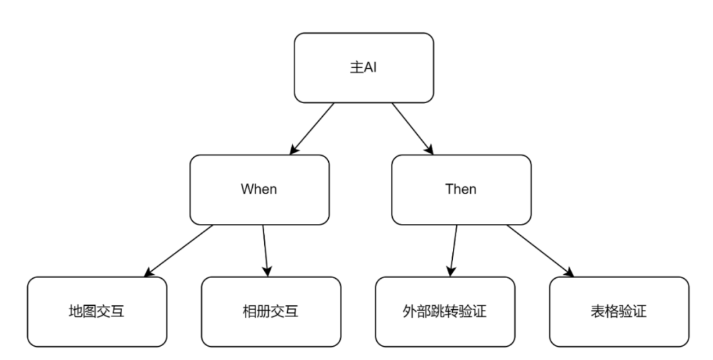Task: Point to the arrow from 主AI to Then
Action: pos(413,128)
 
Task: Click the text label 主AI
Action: pos(364,67)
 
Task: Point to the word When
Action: pos(259,189)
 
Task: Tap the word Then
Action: pos(461,189)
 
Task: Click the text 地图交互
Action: pos(96,310)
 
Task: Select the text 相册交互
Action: pos(271,310)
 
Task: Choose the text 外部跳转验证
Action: pos(445,310)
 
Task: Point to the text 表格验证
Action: pos(619,310)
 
